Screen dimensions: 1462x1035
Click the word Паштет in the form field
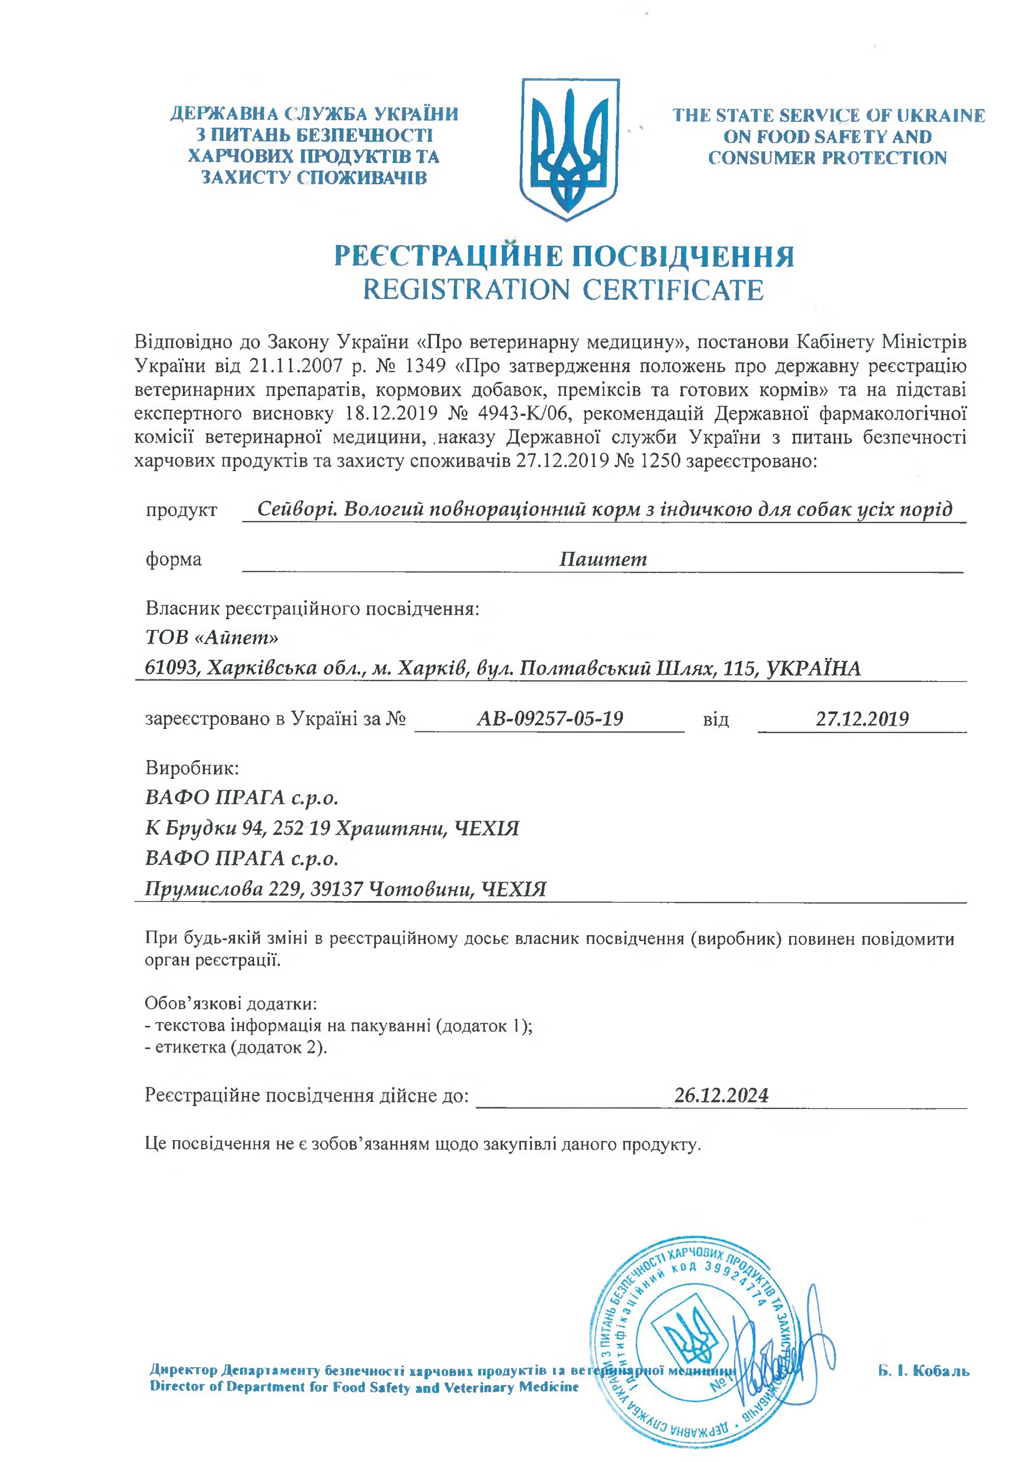click(603, 559)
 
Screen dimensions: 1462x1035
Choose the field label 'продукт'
click(181, 511)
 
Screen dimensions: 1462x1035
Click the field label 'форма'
click(173, 559)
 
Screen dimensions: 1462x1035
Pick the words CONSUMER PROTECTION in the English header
click(827, 158)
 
